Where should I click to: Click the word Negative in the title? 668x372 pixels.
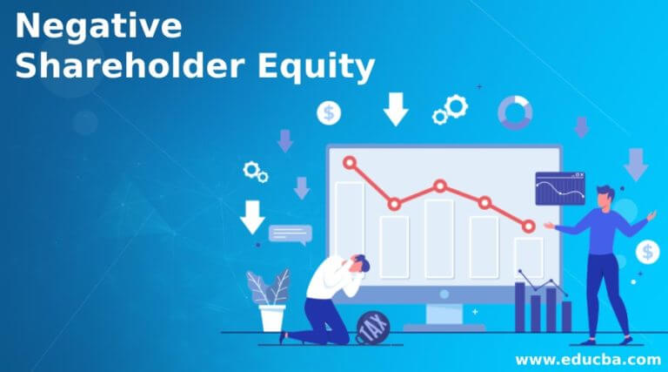pyautogui.click(x=98, y=26)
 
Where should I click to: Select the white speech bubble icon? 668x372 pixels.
pyautogui.click(x=290, y=233)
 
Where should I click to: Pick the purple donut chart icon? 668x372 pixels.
pyautogui.click(x=514, y=112)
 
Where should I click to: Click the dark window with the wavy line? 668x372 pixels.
pyautogui.click(x=559, y=188)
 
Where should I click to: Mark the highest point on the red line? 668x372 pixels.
pyautogui.click(x=350, y=162)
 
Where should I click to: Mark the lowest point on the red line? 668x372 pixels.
pyautogui.click(x=529, y=227)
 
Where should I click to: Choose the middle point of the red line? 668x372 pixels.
pyautogui.click(x=440, y=186)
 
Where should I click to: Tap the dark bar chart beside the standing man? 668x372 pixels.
pyautogui.click(x=543, y=305)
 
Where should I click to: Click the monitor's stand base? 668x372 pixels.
pyautogui.click(x=444, y=328)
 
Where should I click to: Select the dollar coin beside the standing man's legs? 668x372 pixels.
pyautogui.click(x=646, y=253)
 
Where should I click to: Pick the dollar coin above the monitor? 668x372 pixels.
pyautogui.click(x=329, y=112)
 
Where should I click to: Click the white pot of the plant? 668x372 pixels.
pyautogui.click(x=272, y=317)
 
